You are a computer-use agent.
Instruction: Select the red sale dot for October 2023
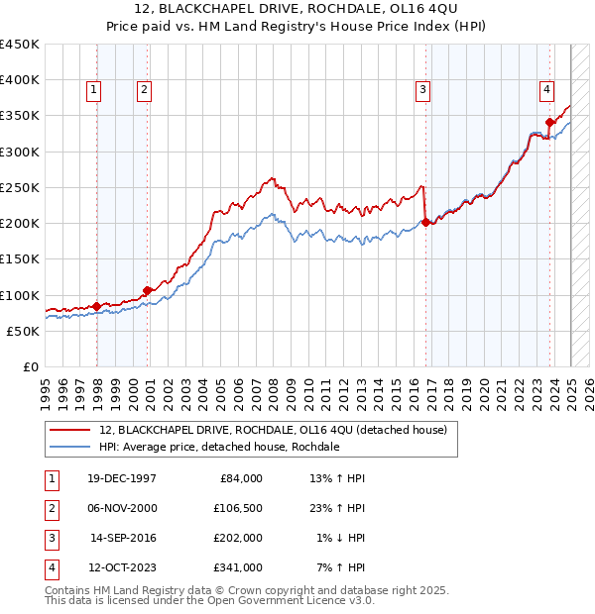click(x=548, y=123)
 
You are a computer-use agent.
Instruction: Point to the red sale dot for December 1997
click(x=96, y=307)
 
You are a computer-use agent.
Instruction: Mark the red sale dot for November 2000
click(x=147, y=290)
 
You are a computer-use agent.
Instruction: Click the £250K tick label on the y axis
click(x=20, y=187)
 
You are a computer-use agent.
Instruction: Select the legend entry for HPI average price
click(x=219, y=447)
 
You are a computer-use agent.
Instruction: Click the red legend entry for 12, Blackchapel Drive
click(x=273, y=430)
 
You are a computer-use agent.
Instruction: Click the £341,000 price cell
click(x=239, y=567)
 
